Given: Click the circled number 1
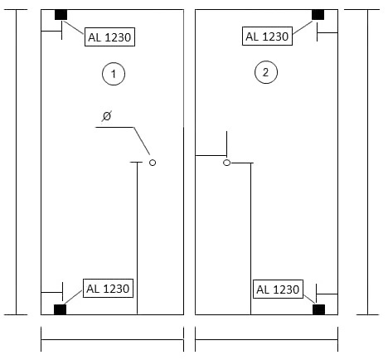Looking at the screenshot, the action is point(114,74).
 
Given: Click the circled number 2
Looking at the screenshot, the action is point(265,72).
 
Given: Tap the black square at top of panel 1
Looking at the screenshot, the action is point(61,15).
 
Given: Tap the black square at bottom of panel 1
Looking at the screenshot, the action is point(60,309).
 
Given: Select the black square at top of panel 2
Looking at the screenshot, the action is point(318,15).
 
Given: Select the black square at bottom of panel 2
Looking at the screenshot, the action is point(318,309).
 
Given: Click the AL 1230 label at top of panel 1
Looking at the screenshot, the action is point(109,36).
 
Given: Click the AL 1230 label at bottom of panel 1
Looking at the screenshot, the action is point(108,289).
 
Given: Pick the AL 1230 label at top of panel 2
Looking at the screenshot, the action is point(267,36).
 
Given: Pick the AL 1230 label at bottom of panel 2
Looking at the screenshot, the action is point(278,289).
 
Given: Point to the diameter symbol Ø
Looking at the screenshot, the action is point(107,116).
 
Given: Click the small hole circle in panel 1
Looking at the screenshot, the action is point(153,163).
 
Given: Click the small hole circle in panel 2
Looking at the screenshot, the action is point(226,163).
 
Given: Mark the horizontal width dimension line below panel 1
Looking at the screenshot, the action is point(112,339).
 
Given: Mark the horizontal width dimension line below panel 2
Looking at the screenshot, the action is point(266,339).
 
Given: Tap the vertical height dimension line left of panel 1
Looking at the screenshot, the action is point(16,162).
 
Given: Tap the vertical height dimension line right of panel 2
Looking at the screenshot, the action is point(368,162).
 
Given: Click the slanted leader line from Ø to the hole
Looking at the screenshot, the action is point(142,141).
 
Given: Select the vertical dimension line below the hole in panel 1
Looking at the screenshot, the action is point(138,238).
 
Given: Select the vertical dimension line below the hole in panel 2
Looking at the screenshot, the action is point(251,239).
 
